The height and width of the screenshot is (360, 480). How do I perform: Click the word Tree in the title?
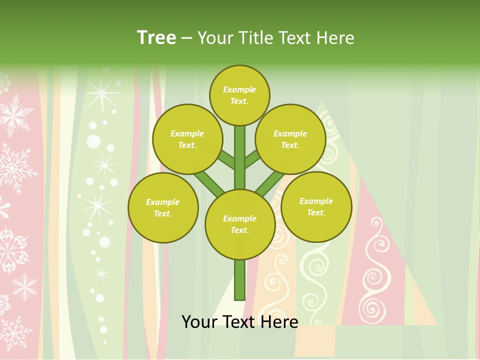[156, 37]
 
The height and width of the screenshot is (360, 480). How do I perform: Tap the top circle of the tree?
[239, 95]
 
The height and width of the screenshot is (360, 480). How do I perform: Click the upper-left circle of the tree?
[187, 139]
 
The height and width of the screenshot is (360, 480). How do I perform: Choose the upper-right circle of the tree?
[290, 139]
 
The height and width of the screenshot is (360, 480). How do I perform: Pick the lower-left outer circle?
[163, 207]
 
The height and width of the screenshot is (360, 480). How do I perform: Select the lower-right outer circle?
[316, 206]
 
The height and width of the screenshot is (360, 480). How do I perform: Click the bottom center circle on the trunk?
[240, 224]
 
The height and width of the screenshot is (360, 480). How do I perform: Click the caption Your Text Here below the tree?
[240, 321]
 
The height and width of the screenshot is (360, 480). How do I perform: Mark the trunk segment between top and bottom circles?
[240, 157]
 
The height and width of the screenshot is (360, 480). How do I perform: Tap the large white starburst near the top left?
[102, 93]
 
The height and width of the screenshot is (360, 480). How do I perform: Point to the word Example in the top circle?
[239, 90]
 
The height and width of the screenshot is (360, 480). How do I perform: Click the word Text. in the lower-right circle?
[316, 212]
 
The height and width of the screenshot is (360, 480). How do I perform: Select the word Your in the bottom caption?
[200, 321]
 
